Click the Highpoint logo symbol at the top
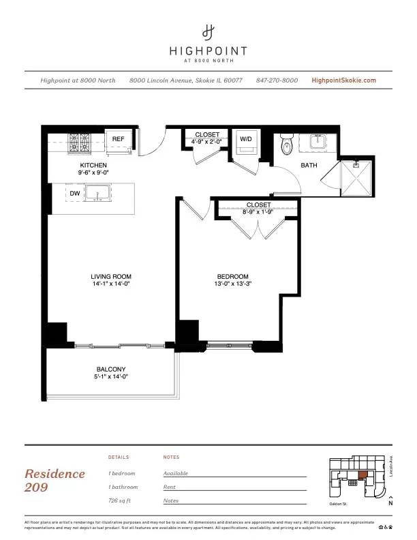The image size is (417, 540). pyautogui.click(x=208, y=31)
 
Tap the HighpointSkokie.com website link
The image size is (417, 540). pyautogui.click(x=343, y=80)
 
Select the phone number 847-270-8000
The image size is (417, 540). pyautogui.click(x=277, y=80)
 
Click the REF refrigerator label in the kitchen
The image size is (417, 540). pyautogui.click(x=119, y=139)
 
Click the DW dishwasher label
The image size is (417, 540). pyautogui.click(x=75, y=194)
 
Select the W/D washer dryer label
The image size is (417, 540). pyautogui.click(x=245, y=139)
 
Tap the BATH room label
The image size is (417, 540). pyautogui.click(x=309, y=165)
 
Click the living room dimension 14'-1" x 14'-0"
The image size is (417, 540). pyautogui.click(x=110, y=283)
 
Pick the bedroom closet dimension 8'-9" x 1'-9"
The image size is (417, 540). pyautogui.click(x=258, y=211)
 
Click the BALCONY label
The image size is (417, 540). pyautogui.click(x=110, y=370)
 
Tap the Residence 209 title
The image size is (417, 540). pyautogui.click(x=55, y=480)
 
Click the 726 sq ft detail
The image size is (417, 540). pyautogui.click(x=120, y=500)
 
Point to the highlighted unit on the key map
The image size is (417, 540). pyautogui.click(x=362, y=475)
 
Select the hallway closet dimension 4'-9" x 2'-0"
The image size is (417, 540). pyautogui.click(x=207, y=141)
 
